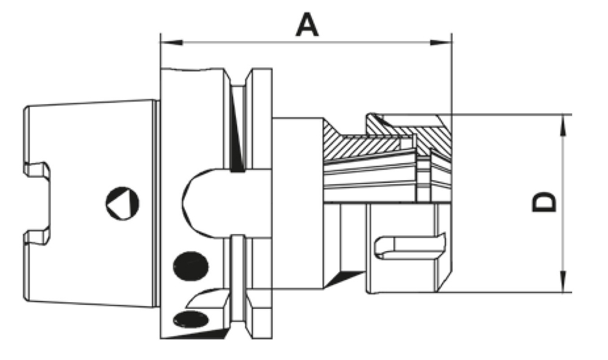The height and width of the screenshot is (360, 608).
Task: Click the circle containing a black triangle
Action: click(122, 202)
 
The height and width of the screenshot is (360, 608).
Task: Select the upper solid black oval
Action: click(191, 265)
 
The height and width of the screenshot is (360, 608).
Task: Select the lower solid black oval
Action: click(190, 318)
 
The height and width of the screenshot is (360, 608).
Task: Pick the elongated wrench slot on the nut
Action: click(407, 247)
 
